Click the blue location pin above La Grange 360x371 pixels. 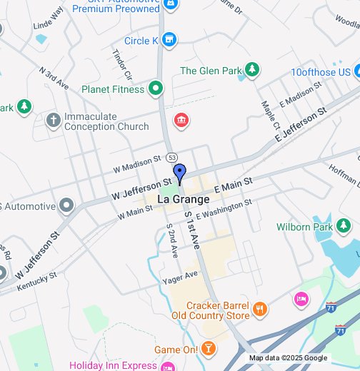tap(180, 173)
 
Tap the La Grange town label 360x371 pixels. tap(183, 199)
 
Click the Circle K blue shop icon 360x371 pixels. tap(169, 40)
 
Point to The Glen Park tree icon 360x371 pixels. tap(251, 70)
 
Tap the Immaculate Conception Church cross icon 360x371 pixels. tap(53, 120)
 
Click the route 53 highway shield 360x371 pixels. tap(171, 157)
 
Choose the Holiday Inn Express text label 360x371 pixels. tap(113, 365)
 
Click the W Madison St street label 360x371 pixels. tap(137, 165)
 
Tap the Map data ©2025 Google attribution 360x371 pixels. tap(288, 358)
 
